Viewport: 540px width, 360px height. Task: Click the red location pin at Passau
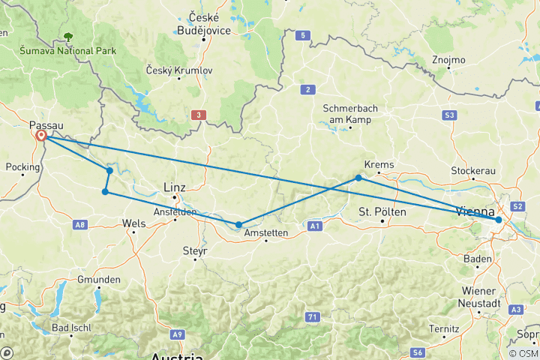(40, 136)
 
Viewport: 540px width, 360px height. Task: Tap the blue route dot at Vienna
(499, 220)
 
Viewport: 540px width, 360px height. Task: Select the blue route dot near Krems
(358, 178)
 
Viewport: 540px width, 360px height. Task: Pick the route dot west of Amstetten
(238, 225)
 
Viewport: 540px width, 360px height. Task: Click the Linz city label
(175, 187)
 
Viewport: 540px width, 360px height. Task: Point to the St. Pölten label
(382, 212)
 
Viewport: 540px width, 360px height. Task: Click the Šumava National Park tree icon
(68, 36)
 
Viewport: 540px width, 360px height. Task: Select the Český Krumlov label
(175, 70)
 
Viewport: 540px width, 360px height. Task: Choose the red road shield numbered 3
(197, 115)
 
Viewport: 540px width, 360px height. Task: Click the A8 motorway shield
(80, 224)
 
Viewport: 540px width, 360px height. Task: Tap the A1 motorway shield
(314, 224)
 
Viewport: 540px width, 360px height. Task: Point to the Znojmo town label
(448, 60)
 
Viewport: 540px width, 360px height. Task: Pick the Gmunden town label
(99, 280)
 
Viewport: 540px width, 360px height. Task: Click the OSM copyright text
(523, 352)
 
